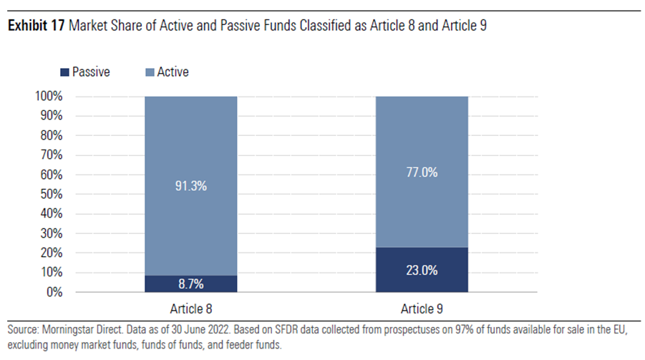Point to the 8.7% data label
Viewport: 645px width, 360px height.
click(x=190, y=284)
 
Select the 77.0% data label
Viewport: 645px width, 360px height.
click(x=422, y=172)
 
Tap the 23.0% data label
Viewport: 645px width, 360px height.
click(x=422, y=271)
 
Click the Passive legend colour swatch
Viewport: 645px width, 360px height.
click(x=65, y=72)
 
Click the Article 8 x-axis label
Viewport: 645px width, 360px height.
click(x=190, y=309)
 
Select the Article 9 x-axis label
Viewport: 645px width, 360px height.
click(x=422, y=309)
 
